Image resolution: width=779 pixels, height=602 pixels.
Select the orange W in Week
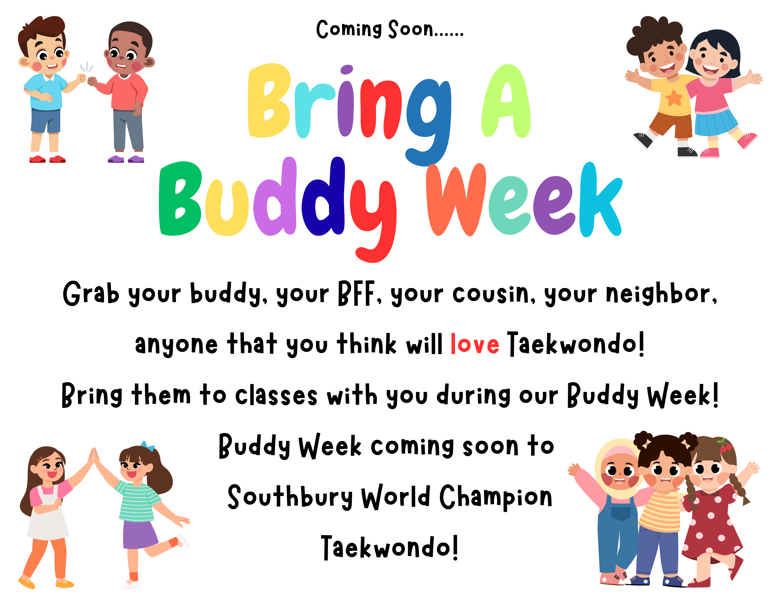(457, 200)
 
